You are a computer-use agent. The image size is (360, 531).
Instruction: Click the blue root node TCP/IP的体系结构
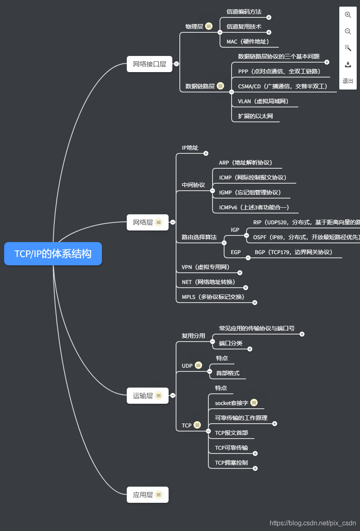53,254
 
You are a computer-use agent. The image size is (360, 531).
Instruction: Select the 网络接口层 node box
149,64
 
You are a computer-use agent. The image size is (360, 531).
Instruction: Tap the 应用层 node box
147,495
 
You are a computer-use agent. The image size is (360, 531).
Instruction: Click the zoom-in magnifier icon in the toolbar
348,15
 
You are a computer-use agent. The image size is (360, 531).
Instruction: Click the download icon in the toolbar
348,65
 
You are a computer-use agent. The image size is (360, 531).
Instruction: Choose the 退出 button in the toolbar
348,81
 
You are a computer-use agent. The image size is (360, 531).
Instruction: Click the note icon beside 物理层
209,26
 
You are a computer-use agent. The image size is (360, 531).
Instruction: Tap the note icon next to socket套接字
254,402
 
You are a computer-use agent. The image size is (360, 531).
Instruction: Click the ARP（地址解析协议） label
246,162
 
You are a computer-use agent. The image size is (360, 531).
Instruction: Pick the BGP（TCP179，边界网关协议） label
293,252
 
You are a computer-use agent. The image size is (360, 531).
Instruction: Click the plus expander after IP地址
206,153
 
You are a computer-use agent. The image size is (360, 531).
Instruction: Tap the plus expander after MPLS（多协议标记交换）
255,303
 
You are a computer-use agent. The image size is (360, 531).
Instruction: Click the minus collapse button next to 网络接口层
176,64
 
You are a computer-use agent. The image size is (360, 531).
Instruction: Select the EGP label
236,252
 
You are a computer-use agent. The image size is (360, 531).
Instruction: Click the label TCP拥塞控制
231,463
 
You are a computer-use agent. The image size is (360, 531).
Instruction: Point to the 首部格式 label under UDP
227,373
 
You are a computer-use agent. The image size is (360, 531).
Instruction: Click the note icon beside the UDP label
198,366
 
